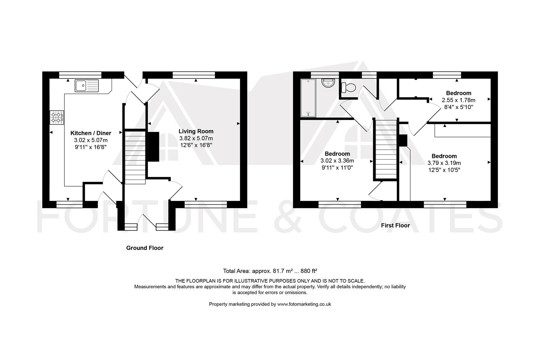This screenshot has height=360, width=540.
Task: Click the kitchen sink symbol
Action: coord(87,86)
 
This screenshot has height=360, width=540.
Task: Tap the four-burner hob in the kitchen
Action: coord(57,117)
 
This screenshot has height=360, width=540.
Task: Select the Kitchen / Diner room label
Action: coord(91,133)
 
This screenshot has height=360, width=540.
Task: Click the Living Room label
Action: coord(196,131)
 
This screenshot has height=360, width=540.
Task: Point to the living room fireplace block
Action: coord(153,147)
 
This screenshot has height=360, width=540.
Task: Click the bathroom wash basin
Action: coord(328,83)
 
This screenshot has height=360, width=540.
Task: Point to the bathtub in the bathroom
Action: coord(308,98)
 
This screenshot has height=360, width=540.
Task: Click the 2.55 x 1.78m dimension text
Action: coord(459,100)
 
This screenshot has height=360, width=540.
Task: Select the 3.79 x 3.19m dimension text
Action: coord(444,163)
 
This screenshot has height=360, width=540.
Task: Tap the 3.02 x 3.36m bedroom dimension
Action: coord(337,161)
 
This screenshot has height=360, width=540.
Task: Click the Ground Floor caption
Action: coord(145,248)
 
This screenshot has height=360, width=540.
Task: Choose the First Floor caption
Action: coord(395,225)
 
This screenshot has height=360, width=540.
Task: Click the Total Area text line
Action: coord(270,271)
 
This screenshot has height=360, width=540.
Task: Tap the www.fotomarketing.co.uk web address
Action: coord(304,304)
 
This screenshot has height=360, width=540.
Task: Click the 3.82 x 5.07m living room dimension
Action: coord(196,138)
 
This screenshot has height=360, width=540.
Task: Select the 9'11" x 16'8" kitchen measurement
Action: coord(91,147)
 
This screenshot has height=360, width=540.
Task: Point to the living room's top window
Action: coord(194,75)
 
